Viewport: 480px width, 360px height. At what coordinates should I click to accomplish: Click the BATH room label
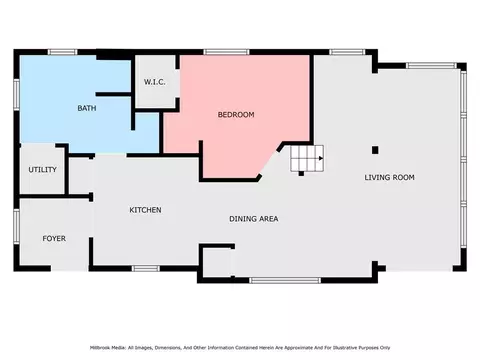(87, 108)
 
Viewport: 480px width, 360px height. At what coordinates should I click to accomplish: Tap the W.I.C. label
(155, 82)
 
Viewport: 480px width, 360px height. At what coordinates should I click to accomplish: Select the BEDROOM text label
(236, 115)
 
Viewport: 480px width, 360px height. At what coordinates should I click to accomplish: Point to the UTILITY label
(42, 170)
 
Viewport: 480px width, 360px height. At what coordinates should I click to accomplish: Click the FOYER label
(54, 239)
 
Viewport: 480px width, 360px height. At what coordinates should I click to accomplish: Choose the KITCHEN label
(145, 210)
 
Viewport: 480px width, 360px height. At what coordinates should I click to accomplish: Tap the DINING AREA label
(254, 219)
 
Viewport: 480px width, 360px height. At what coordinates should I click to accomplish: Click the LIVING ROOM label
(389, 178)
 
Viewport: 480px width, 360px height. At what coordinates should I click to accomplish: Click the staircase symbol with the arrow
(307, 158)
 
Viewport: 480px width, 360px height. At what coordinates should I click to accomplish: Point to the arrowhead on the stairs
(321, 158)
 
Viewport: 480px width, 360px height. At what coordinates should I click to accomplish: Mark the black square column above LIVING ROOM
(375, 150)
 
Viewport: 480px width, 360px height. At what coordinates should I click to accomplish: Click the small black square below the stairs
(301, 173)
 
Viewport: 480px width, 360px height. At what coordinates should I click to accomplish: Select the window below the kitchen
(146, 268)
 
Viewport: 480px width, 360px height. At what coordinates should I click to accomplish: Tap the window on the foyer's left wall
(16, 227)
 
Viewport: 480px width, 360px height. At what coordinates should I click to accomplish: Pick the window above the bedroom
(226, 52)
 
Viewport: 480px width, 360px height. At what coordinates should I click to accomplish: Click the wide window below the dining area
(285, 280)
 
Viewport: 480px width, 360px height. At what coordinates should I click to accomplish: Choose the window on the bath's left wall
(16, 95)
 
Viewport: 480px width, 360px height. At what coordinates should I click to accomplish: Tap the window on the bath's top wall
(62, 52)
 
